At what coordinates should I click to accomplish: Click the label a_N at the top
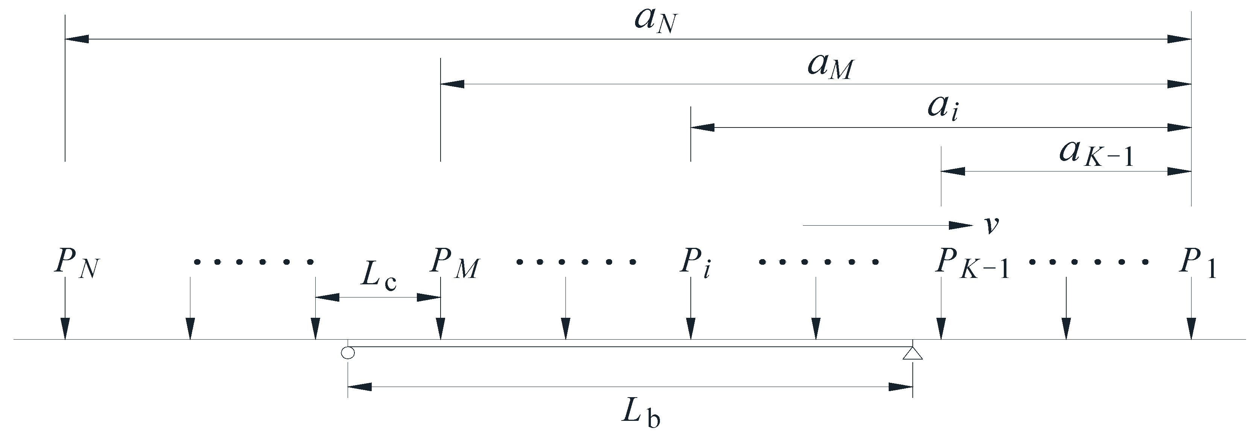(656, 20)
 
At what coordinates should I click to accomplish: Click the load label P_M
(454, 264)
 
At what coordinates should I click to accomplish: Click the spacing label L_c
(378, 278)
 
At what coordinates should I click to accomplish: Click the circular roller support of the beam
(347, 352)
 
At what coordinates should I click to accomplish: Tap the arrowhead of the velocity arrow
(961, 226)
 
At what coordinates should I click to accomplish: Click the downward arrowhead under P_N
(65, 329)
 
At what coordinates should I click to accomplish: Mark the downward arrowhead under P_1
(1192, 329)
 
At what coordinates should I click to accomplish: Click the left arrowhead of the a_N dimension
(77, 39)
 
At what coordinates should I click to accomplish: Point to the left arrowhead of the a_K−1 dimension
(953, 171)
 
